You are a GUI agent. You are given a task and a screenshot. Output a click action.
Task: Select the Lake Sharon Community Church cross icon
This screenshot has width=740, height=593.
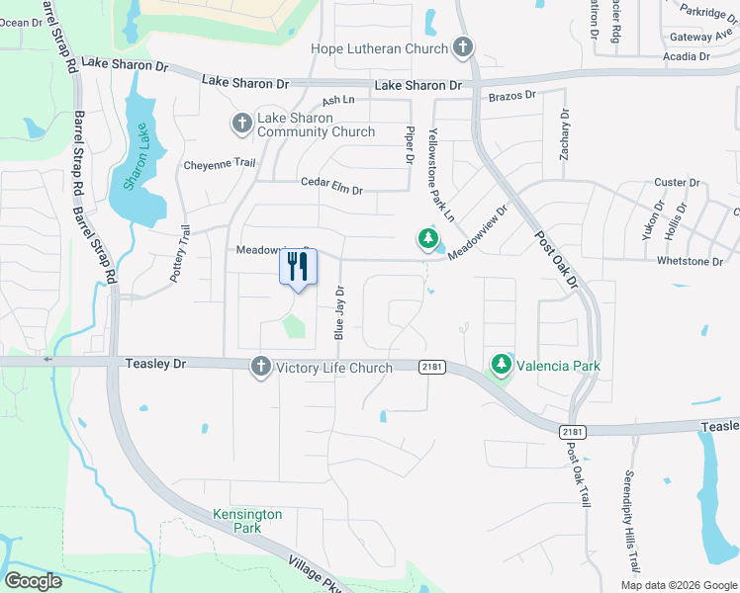[x=241, y=124]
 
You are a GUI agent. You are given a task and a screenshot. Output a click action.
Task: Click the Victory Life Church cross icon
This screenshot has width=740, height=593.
[x=261, y=367]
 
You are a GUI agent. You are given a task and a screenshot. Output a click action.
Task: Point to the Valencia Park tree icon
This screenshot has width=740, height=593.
[x=502, y=366]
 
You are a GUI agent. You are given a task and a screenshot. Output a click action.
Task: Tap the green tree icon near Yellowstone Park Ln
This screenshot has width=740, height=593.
[x=427, y=239]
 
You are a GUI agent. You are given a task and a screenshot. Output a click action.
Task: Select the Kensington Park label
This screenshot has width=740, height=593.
[x=247, y=521]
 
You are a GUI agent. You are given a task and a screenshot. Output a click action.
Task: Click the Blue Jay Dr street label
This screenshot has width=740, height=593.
[x=339, y=313]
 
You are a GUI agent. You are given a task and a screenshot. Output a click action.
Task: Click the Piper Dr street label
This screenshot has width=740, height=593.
[x=409, y=144]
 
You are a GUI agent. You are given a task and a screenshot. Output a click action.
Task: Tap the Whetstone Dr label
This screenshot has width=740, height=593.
[x=690, y=261]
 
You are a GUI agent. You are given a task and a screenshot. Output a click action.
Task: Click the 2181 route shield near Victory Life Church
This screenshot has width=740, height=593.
[x=430, y=367]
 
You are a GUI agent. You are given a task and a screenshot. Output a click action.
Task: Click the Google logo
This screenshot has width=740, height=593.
[x=33, y=581]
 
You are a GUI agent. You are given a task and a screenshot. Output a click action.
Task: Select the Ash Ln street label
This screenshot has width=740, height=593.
[x=337, y=101]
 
